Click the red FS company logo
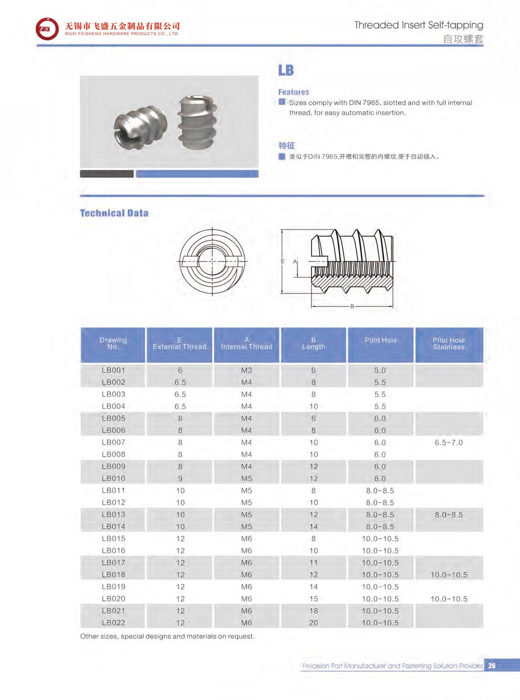[x=47, y=29]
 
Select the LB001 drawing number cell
[x=113, y=370]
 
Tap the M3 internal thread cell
[x=246, y=370]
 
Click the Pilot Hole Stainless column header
[x=448, y=343]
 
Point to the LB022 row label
[x=113, y=622]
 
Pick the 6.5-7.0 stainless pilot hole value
[x=448, y=442]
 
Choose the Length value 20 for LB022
[x=313, y=622]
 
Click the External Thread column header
[x=179, y=343]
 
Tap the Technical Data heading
[x=114, y=213]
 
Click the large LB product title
[x=286, y=70]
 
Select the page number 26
[x=491, y=665]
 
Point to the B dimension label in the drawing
[x=352, y=306]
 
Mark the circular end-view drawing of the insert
[x=212, y=261]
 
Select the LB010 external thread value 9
[x=180, y=478]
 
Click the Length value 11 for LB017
[x=313, y=562]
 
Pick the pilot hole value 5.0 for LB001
[x=380, y=370]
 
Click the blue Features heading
[x=293, y=92]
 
